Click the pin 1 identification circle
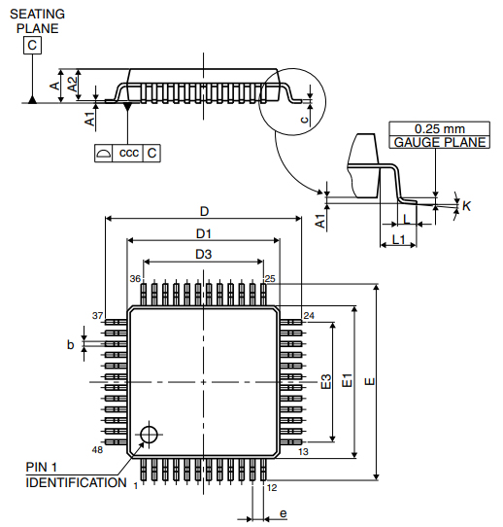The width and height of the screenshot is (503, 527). click(x=149, y=434)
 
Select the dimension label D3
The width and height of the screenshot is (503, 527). click(x=203, y=254)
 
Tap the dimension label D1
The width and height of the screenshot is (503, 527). click(x=204, y=233)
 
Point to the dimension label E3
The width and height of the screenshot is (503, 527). click(x=325, y=381)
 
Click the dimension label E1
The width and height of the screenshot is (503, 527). click(x=347, y=381)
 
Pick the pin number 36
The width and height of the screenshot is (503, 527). click(x=136, y=278)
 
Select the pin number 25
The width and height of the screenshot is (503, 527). click(x=270, y=278)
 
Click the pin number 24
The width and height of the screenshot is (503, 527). click(x=309, y=316)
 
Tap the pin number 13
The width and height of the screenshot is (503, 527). click(x=303, y=452)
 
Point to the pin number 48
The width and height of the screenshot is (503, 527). click(x=97, y=450)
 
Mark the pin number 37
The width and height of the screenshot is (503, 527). click(x=97, y=316)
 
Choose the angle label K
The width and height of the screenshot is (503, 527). click(x=466, y=206)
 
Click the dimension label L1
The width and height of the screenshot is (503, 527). click(x=398, y=239)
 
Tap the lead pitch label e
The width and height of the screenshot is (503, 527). click(x=283, y=512)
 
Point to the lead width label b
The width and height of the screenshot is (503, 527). click(x=70, y=344)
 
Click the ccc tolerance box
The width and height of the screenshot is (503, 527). click(x=128, y=154)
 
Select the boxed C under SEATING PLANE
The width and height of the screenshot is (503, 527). click(x=34, y=45)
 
